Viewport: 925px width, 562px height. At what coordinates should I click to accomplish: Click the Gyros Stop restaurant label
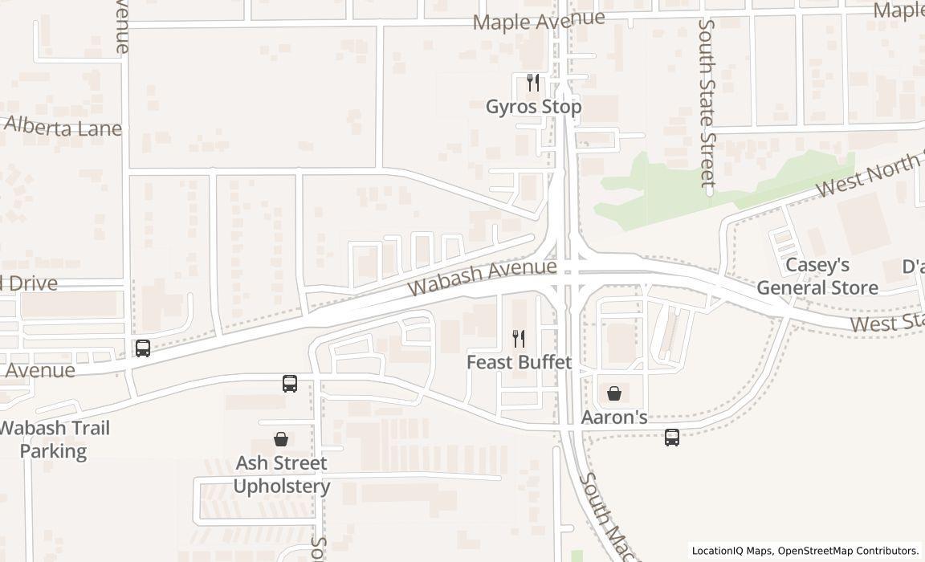coord(533,107)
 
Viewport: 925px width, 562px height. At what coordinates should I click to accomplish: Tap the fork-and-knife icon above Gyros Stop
coord(532,82)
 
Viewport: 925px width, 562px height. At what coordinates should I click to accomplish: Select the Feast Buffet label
coord(519,362)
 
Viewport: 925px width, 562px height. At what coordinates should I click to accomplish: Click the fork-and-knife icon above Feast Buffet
coord(519,339)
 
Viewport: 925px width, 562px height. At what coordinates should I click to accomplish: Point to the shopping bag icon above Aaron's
coord(614,393)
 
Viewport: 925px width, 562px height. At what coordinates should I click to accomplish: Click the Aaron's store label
coord(614,417)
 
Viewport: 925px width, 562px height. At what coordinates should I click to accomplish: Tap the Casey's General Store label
coord(817,276)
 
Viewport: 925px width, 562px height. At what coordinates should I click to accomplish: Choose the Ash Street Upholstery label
coord(281,474)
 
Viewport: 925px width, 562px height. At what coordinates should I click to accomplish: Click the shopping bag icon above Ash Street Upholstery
coord(281,439)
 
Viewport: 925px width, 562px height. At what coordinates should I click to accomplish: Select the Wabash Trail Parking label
coord(54,439)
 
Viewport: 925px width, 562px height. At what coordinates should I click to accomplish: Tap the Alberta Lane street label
coord(63,127)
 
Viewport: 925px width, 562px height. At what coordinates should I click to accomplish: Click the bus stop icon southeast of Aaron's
coord(672,438)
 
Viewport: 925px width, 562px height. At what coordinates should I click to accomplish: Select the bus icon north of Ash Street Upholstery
coord(290,384)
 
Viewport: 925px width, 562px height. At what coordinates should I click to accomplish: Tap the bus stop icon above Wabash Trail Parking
coord(143,348)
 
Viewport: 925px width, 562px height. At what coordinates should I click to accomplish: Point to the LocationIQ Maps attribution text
coord(805,551)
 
